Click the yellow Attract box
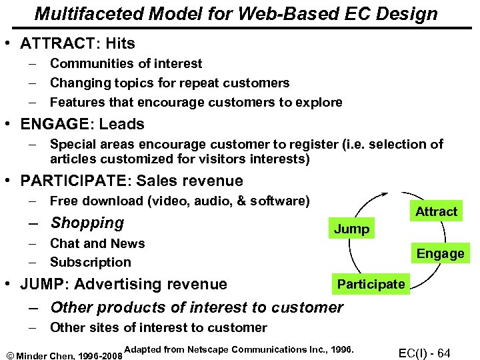437,211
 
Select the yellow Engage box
440,253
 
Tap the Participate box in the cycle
371,284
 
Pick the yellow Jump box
351,229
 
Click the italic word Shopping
87,223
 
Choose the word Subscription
91,262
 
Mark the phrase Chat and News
97,243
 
